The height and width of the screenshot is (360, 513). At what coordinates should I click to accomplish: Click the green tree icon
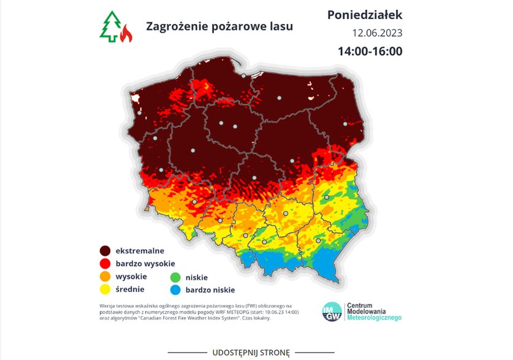pyautogui.click(x=110, y=27)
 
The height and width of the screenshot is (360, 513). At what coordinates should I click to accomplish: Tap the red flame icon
pyautogui.click(x=126, y=34)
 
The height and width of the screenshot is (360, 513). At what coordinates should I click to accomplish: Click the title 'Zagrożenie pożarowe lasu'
pyautogui.click(x=219, y=26)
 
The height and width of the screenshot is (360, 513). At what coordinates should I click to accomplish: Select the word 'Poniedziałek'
pyautogui.click(x=365, y=15)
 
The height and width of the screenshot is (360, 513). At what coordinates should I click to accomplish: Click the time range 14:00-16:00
pyautogui.click(x=370, y=51)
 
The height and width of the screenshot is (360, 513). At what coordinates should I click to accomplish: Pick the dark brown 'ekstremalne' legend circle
pyautogui.click(x=105, y=251)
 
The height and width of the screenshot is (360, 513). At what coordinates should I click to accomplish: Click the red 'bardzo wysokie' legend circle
pyautogui.click(x=105, y=264)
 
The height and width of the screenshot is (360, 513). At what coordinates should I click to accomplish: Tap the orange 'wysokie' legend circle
pyautogui.click(x=105, y=277)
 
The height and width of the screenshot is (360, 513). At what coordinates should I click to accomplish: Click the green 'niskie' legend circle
pyautogui.click(x=175, y=277)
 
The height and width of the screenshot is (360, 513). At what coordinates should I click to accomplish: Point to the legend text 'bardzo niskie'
pyautogui.click(x=211, y=290)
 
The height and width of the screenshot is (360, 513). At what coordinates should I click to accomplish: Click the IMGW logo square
pyautogui.click(x=332, y=311)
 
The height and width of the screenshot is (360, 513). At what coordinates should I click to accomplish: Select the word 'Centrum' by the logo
pyautogui.click(x=360, y=305)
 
